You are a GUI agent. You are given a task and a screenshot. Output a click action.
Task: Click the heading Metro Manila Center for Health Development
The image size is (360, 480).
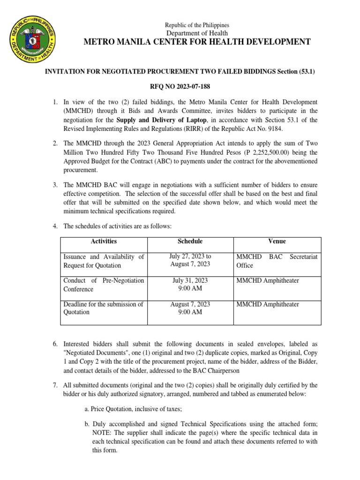point(196,42)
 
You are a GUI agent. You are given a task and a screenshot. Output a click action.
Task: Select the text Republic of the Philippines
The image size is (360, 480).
point(197,25)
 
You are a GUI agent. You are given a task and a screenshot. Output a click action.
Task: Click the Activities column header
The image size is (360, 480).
point(104,241)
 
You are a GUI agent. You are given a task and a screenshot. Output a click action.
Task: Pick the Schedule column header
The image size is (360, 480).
point(190,241)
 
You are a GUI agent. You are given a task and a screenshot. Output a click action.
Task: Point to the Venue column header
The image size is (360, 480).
point(277,241)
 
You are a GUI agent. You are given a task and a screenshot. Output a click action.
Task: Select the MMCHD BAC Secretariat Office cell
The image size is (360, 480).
point(277,261)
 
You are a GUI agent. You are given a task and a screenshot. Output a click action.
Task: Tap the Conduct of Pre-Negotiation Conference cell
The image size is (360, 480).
point(104,285)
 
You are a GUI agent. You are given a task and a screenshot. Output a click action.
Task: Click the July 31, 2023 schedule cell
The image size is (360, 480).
point(190,285)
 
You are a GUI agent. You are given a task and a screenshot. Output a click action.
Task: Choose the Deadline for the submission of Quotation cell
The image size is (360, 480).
point(104,308)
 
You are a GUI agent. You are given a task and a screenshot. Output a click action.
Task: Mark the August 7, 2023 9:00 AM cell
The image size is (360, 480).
point(190,308)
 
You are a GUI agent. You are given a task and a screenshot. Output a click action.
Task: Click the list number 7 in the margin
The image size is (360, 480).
point(55,385)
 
